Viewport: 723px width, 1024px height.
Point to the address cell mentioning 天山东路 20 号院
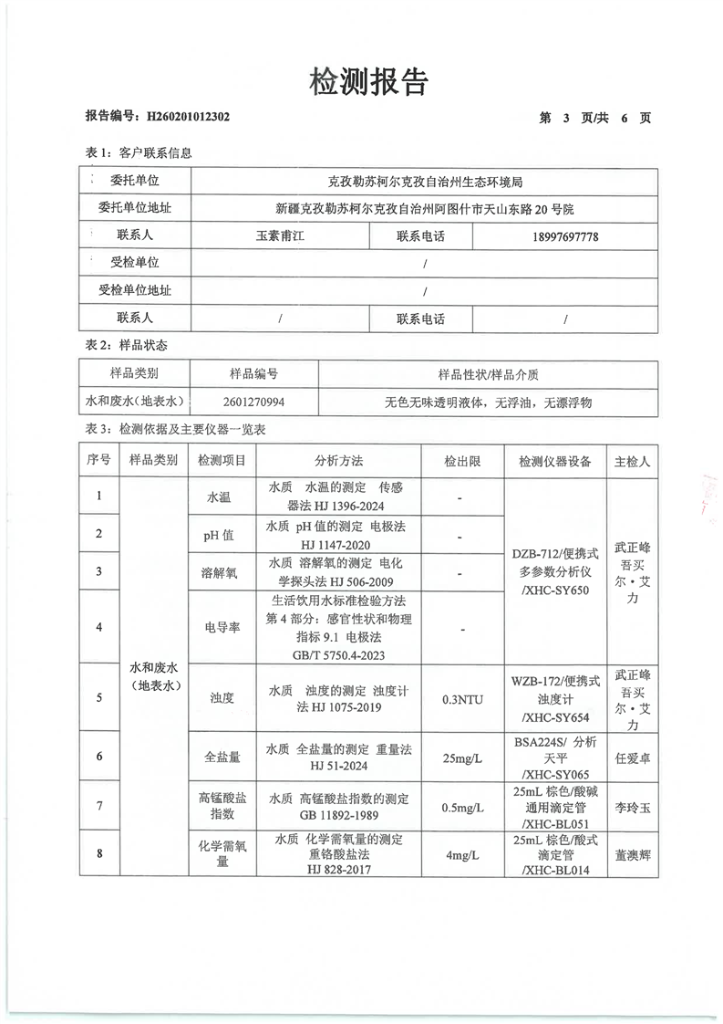(x=425, y=209)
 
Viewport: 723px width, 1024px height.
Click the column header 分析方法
(x=339, y=462)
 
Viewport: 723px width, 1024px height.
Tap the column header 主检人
(x=633, y=462)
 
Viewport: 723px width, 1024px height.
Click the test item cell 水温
(x=222, y=498)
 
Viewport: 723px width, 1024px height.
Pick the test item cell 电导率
(x=222, y=628)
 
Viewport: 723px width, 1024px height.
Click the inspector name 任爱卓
(x=633, y=757)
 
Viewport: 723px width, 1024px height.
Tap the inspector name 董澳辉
(x=633, y=854)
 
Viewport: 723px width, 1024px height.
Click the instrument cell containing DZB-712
(x=555, y=571)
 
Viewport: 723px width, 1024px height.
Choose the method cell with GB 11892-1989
(x=339, y=805)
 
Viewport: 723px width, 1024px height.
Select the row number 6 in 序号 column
(x=98, y=757)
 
